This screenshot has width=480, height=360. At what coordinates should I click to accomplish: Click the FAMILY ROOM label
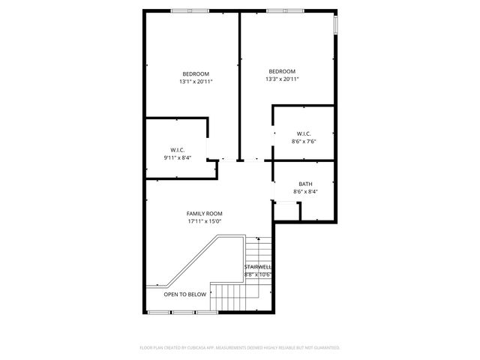pyautogui.click(x=205, y=214)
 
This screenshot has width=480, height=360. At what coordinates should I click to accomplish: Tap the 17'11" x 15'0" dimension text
pyautogui.click(x=205, y=221)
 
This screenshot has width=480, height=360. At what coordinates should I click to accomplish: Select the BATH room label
pyautogui.click(x=305, y=184)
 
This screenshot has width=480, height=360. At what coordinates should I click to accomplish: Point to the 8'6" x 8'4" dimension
pyautogui.click(x=305, y=191)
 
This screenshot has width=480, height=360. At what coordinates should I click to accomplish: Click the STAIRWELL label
pyautogui.click(x=258, y=266)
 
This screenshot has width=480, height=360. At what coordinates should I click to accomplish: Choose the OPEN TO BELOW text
pyautogui.click(x=185, y=295)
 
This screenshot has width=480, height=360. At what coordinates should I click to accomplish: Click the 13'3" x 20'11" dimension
pyautogui.click(x=283, y=79)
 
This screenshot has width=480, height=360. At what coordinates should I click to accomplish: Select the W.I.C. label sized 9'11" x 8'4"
pyautogui.click(x=178, y=150)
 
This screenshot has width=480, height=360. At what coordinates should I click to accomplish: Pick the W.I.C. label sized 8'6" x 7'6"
pyautogui.click(x=304, y=133)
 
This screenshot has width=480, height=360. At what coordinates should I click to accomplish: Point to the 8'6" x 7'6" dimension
pyautogui.click(x=304, y=141)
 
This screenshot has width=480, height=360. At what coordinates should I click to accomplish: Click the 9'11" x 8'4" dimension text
pyautogui.click(x=178, y=157)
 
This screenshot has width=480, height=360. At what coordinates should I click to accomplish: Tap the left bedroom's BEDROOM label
pyautogui.click(x=195, y=73)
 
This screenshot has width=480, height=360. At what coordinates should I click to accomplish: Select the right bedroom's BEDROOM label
pyautogui.click(x=283, y=70)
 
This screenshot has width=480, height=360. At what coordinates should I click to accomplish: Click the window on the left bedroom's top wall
pyautogui.click(x=180, y=10)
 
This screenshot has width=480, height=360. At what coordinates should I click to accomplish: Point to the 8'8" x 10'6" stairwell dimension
pyautogui.click(x=258, y=274)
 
